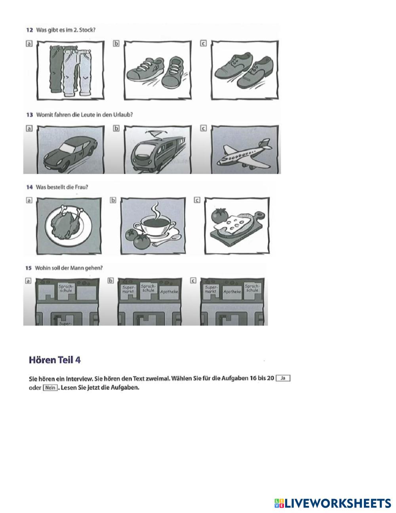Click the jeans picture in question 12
point(71,70)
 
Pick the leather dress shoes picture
point(244,70)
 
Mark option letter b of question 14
point(113,201)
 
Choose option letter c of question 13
point(203,128)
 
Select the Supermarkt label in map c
point(211,289)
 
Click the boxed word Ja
point(283,378)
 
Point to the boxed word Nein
point(50,388)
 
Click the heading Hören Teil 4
point(55,360)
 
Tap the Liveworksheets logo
point(332,503)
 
